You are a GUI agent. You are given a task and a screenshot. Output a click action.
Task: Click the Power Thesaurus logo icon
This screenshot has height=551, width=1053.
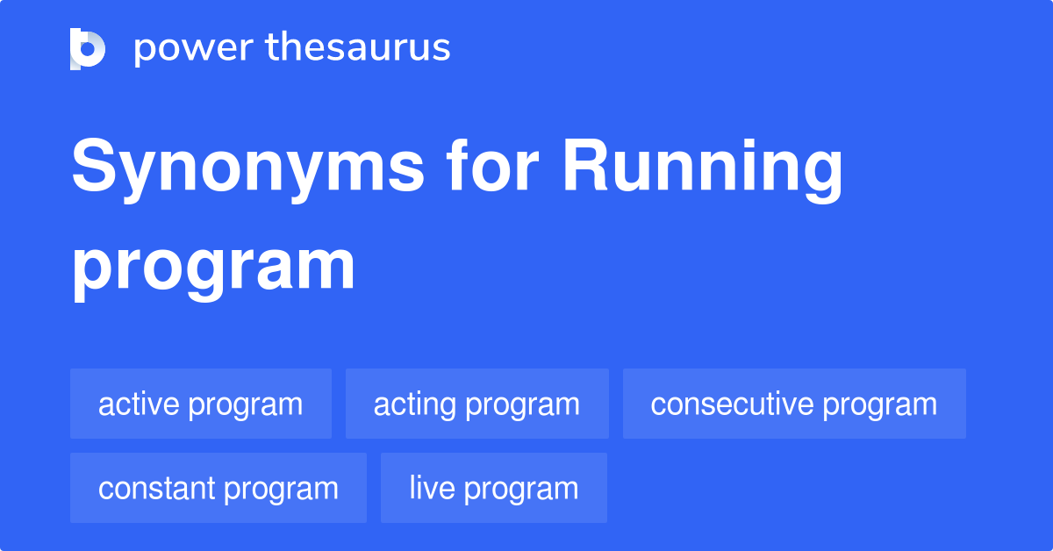pos(88,48)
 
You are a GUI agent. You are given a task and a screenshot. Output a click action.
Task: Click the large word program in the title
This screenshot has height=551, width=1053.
pos(213,267)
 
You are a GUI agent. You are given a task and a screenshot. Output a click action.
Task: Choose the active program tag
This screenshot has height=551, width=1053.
pos(200,404)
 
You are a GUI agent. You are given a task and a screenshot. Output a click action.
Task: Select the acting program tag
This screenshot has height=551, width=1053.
pos(476,404)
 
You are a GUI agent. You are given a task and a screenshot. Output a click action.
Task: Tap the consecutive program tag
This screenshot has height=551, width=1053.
pos(793,404)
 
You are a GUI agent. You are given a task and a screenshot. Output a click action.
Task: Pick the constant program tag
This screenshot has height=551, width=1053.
pos(218,489)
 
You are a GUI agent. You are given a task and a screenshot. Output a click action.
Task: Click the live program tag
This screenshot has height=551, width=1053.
pos(493,489)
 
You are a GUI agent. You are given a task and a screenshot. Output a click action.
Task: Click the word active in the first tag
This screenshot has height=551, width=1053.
pos(139,404)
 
